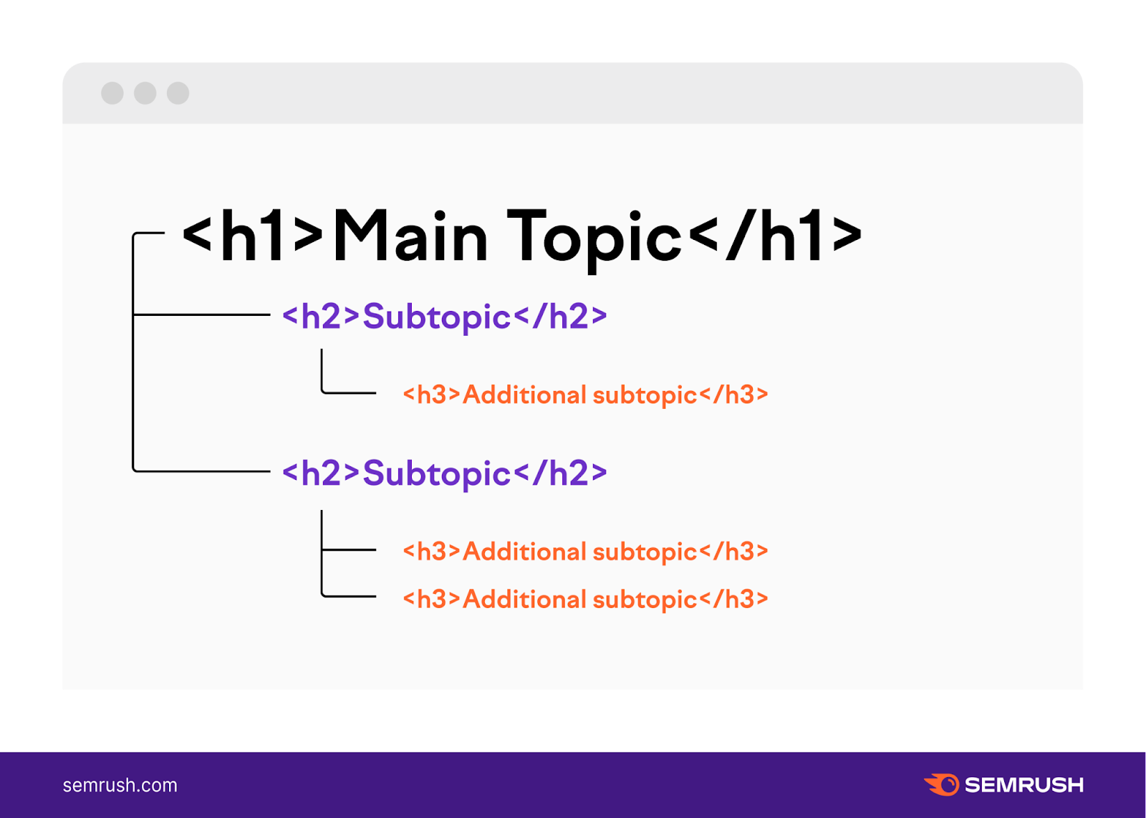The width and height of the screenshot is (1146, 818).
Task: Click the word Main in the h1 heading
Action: pyautogui.click(x=410, y=236)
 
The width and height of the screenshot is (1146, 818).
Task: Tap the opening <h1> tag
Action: pyautogui.click(x=254, y=236)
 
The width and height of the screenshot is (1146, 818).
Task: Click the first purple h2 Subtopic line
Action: pyautogui.click(x=444, y=317)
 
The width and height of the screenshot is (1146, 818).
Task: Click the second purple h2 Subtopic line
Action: pyautogui.click(x=444, y=473)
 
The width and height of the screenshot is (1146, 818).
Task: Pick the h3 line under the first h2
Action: pyautogui.click(x=584, y=395)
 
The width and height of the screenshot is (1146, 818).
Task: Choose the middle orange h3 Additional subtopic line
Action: pyautogui.click(x=584, y=552)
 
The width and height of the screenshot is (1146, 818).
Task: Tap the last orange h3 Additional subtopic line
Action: pyautogui.click(x=584, y=599)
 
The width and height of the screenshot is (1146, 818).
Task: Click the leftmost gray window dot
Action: pyautogui.click(x=112, y=93)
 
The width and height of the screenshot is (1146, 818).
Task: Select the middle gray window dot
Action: pyautogui.click(x=145, y=93)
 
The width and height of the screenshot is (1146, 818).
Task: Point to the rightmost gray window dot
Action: pyautogui.click(x=178, y=93)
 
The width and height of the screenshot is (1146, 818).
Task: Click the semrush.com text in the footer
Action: pyautogui.click(x=120, y=785)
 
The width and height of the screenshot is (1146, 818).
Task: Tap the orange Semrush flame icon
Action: pyautogui.click(x=942, y=784)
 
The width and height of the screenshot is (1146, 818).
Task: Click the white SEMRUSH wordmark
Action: pyautogui.click(x=1024, y=785)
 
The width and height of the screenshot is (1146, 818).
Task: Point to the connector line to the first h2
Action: pyautogui.click(x=201, y=314)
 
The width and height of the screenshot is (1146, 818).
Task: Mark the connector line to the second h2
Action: pyautogui.click(x=201, y=471)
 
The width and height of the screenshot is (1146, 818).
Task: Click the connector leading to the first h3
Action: pyautogui.click(x=349, y=393)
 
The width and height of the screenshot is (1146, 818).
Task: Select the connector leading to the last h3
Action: pyautogui.click(x=349, y=596)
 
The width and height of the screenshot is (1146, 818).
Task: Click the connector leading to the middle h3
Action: pyautogui.click(x=349, y=549)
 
